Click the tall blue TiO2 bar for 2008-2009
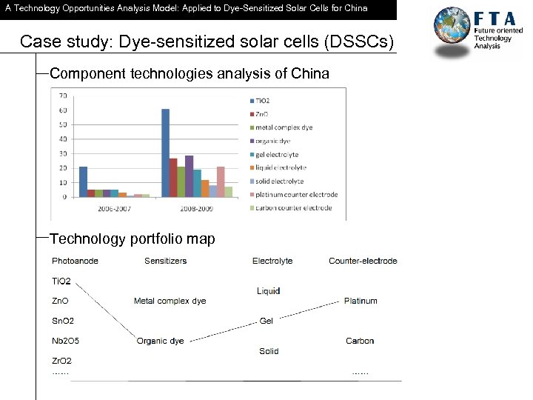165,153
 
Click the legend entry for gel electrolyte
277,154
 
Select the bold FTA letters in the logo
500,20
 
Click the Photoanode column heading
75,261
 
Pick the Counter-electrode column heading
363,261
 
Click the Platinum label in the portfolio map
361,301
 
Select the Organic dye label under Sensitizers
161,341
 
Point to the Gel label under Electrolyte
266,321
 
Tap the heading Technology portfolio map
132,239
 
